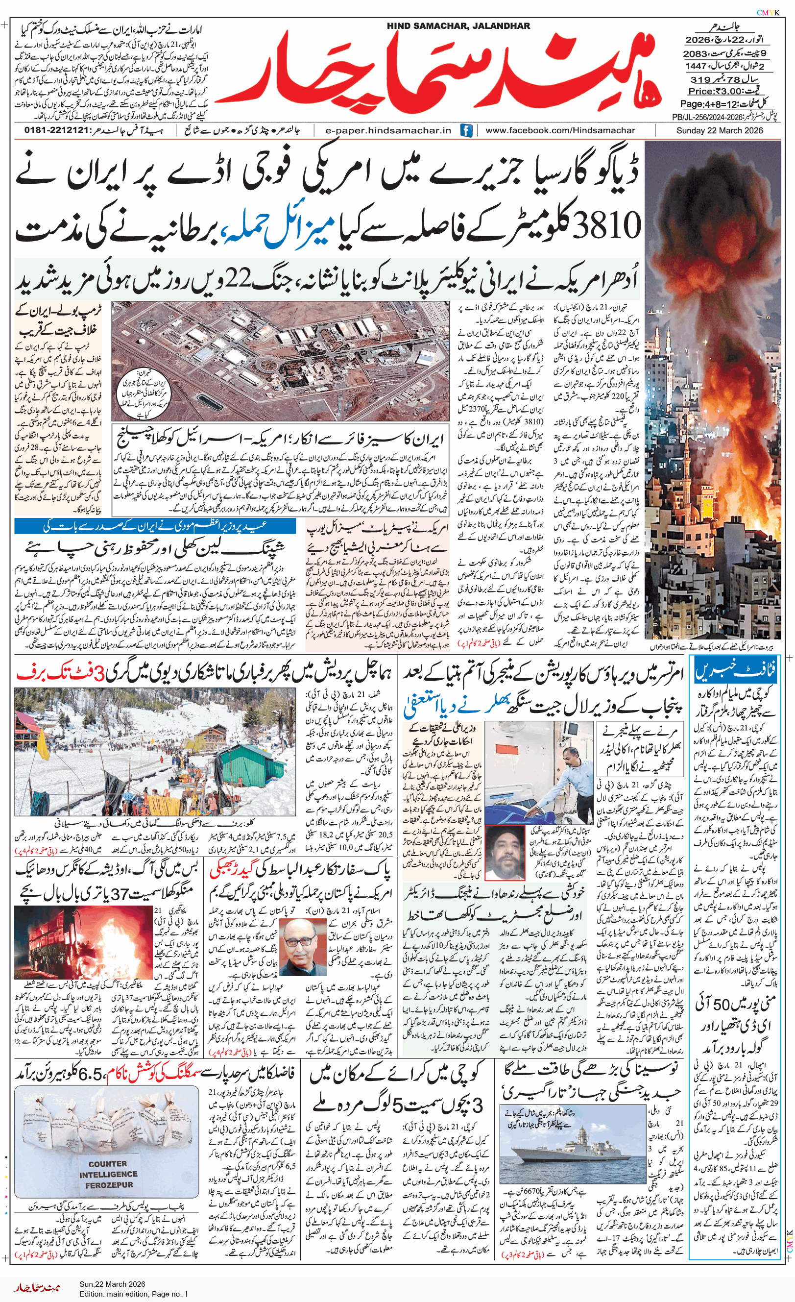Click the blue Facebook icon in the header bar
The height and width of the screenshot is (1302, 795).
pyautogui.click(x=465, y=130)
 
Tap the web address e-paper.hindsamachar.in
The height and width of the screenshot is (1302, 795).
pyautogui.click(x=388, y=130)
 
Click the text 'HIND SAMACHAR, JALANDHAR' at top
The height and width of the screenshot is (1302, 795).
pyautogui.click(x=458, y=26)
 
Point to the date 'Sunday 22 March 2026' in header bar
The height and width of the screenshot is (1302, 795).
pyautogui.click(x=720, y=130)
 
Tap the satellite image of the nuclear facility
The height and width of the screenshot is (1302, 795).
pyautogui.click(x=280, y=360)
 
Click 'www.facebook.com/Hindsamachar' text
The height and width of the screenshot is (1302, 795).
pyautogui.click(x=560, y=130)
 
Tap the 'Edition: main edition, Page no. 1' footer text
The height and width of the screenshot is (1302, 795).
pyautogui.click(x=134, y=1294)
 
